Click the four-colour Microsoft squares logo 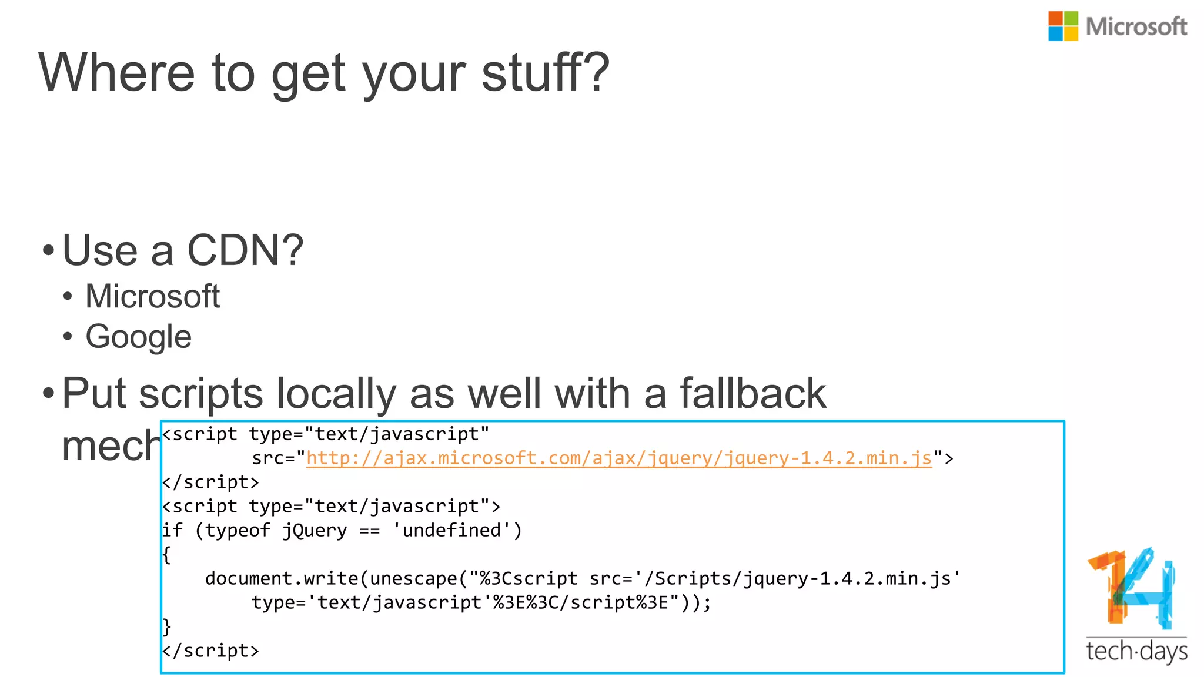(x=1063, y=26)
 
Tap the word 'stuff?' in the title (x=546, y=73)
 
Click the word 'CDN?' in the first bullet (x=245, y=250)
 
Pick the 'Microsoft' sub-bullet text (x=152, y=296)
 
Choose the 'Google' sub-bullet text (x=139, y=337)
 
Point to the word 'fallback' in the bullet (x=752, y=393)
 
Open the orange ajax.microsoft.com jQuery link (x=619, y=458)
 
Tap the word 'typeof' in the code (x=237, y=531)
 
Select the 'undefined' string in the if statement (x=451, y=531)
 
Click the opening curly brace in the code (x=166, y=555)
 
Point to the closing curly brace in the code (x=166, y=626)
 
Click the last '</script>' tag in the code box (x=210, y=651)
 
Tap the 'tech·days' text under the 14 (x=1136, y=652)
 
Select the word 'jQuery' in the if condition (x=315, y=531)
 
